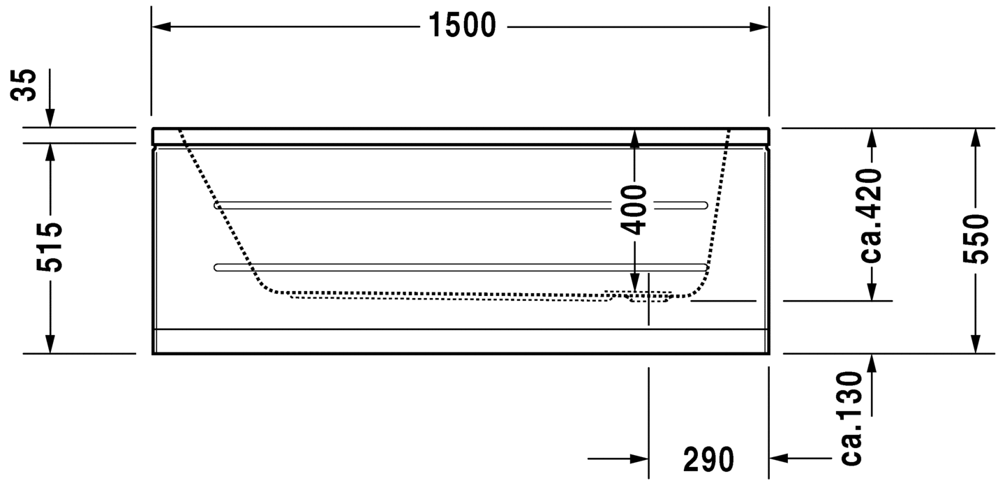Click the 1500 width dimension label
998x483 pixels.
point(462,27)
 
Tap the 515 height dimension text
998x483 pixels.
point(50,248)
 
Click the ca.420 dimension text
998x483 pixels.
point(871,215)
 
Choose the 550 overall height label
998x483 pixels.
point(976,239)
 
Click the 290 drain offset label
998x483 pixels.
point(708,459)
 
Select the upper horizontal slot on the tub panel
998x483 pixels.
point(461,205)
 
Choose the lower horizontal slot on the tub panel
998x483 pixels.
point(461,267)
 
